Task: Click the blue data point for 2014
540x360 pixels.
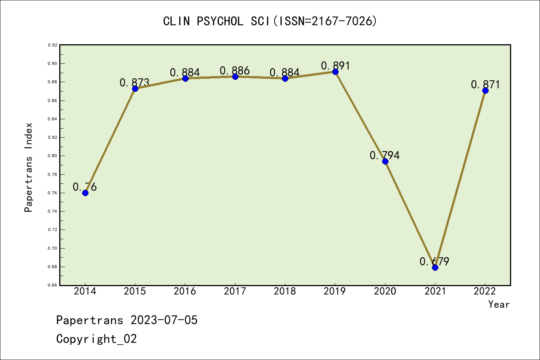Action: (x=85, y=193)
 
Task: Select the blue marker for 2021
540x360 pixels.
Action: (x=435, y=267)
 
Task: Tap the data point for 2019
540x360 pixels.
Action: (x=335, y=72)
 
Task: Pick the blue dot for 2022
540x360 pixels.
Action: (x=485, y=90)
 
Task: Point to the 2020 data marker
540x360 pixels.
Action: (x=385, y=161)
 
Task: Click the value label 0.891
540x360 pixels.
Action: (x=335, y=66)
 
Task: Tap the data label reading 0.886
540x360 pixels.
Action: (x=235, y=70)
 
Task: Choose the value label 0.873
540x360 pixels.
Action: (x=135, y=82)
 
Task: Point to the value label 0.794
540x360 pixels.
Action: (x=385, y=155)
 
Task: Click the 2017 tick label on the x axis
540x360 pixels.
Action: (x=235, y=291)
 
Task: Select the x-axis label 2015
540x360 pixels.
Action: (x=135, y=291)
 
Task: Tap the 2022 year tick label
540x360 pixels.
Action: (x=485, y=291)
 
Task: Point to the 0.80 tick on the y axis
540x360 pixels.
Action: (x=52, y=156)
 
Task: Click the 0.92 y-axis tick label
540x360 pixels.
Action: (x=52, y=45)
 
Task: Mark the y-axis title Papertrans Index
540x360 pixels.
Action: (x=28, y=167)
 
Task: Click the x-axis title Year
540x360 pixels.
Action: (x=499, y=304)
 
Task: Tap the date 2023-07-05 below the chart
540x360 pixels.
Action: (x=164, y=320)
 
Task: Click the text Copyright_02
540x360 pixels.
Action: (x=96, y=339)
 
